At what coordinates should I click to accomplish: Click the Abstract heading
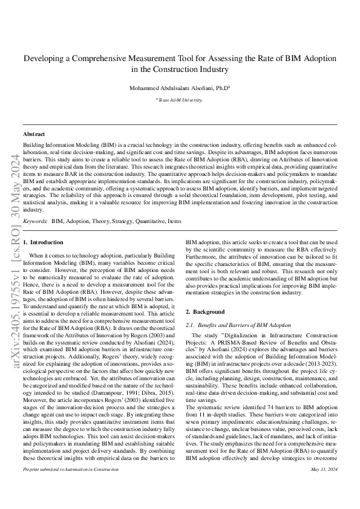pos(33,134)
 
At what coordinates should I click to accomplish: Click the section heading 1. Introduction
pos(42,242)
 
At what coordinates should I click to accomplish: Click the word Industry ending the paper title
pos(214,70)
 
